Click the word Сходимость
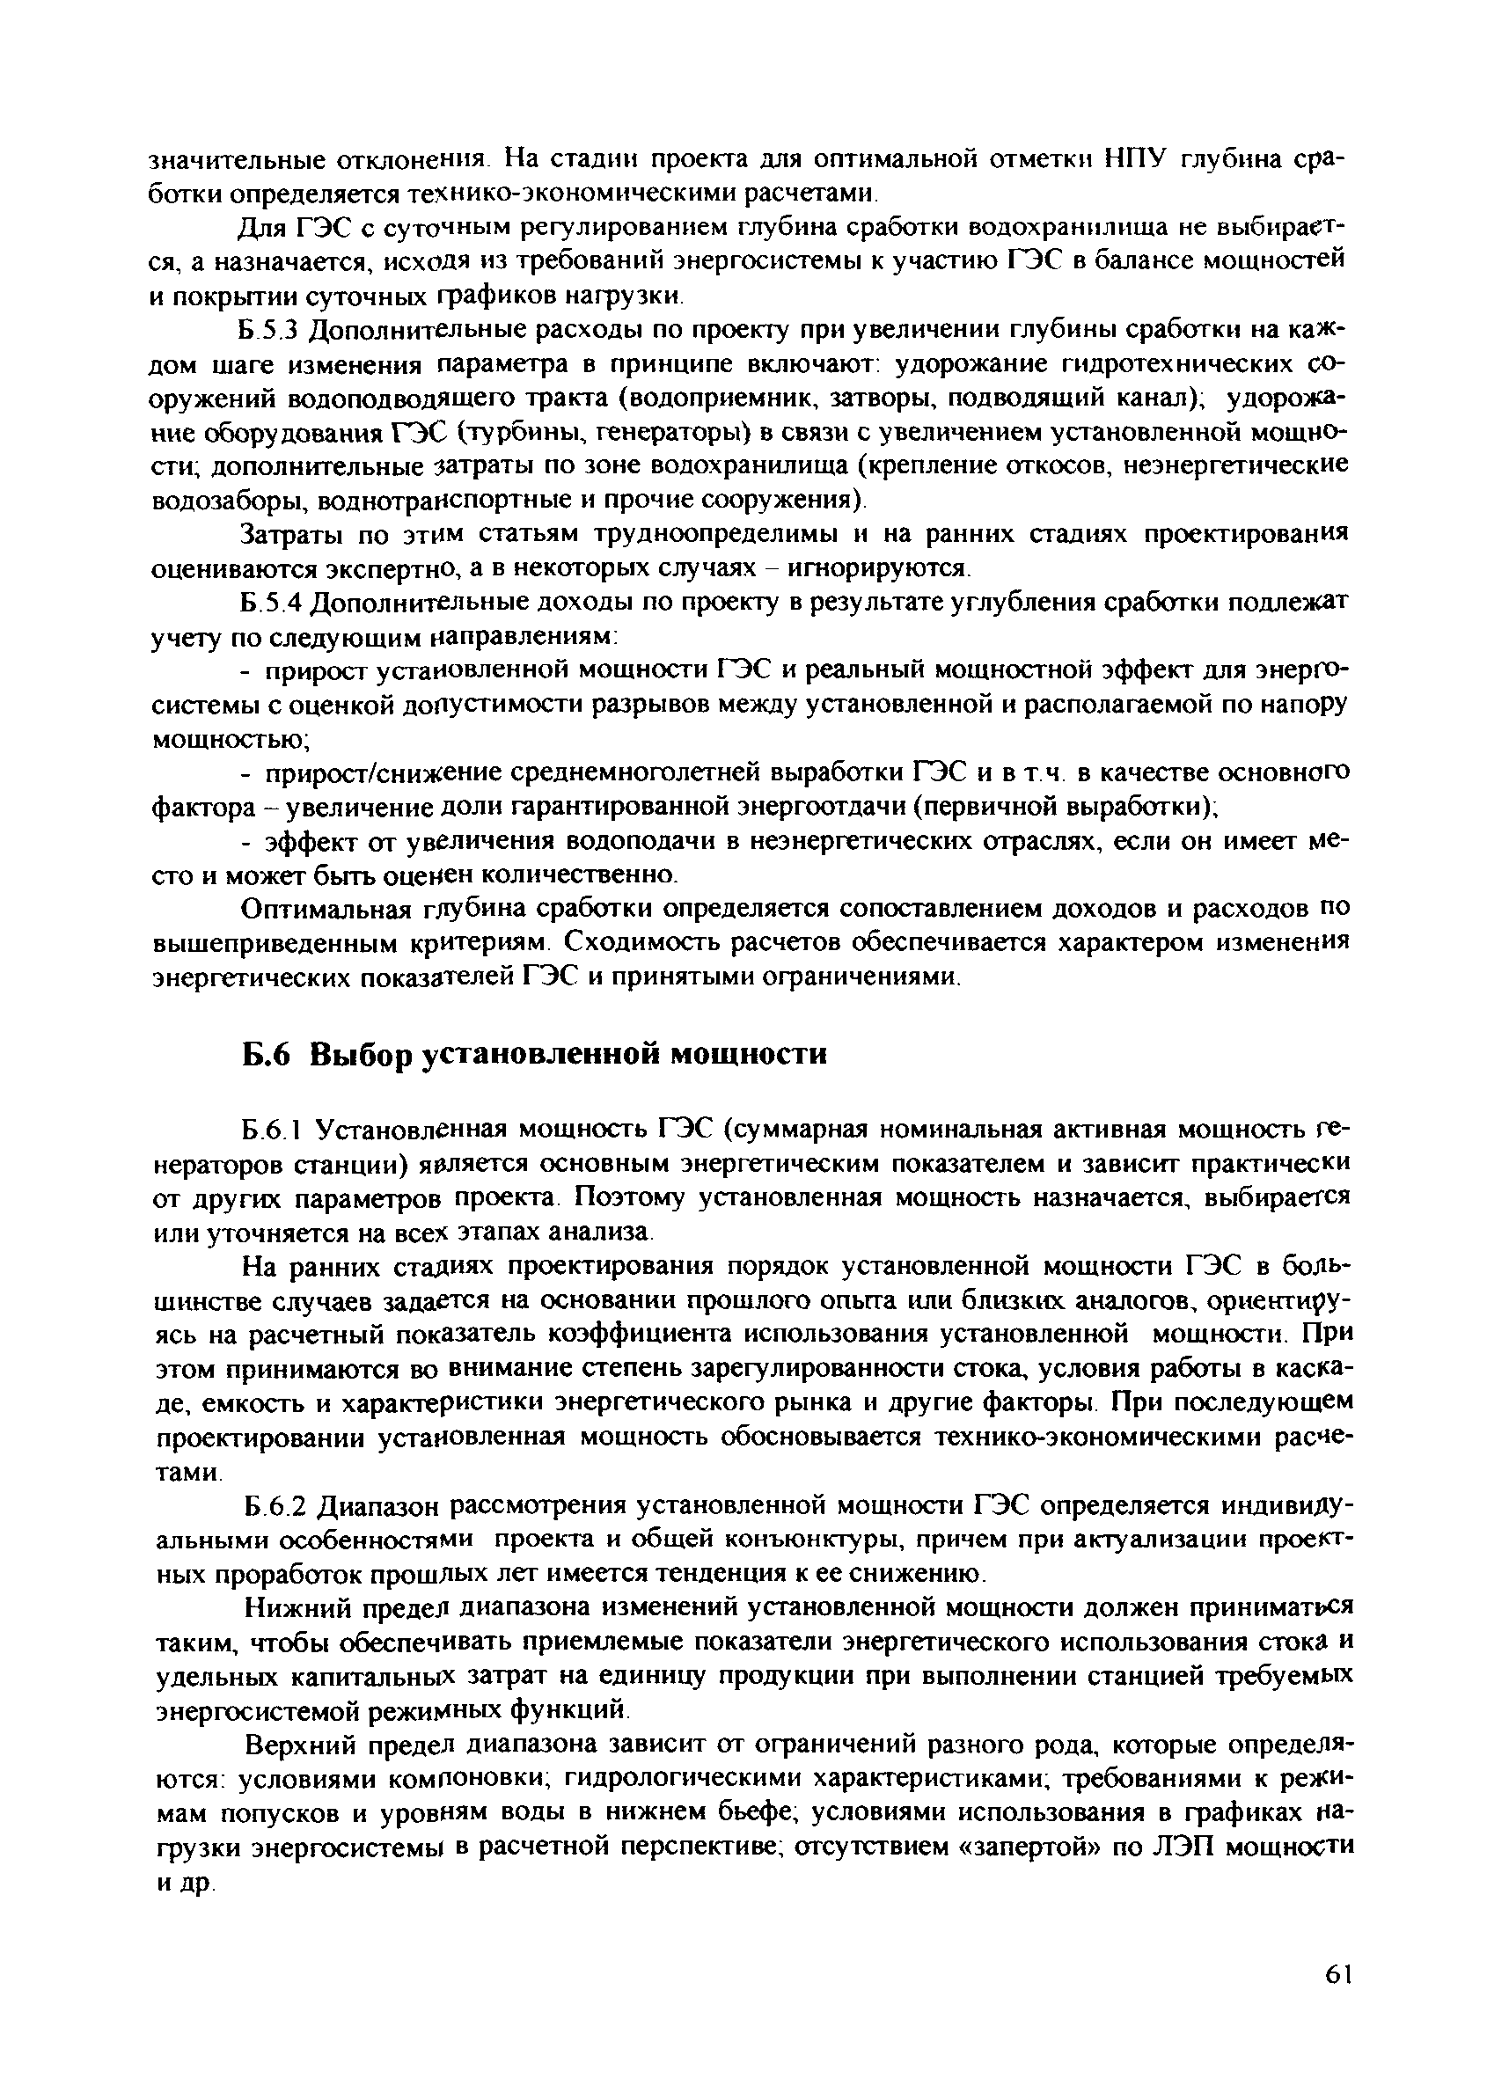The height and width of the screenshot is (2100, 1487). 640,943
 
